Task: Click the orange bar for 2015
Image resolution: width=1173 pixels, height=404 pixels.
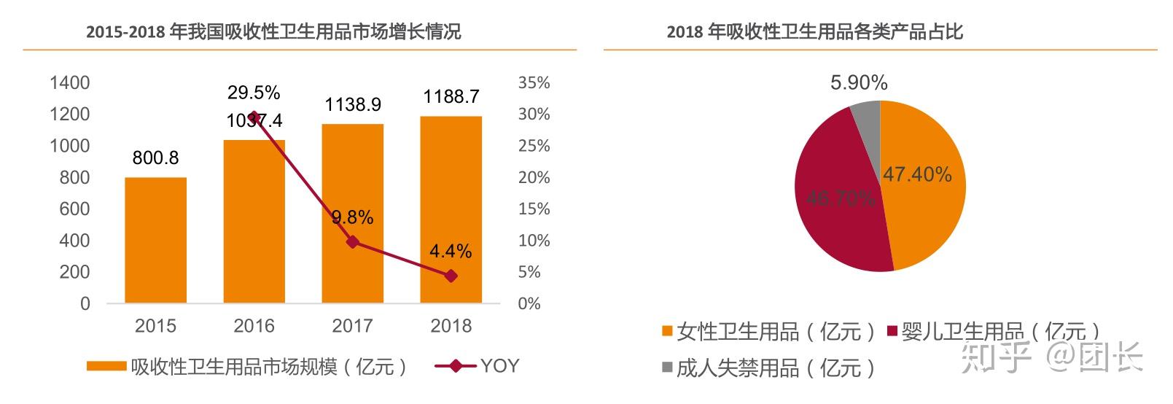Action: (x=155, y=240)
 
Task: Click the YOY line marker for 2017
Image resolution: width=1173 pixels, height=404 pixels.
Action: (x=353, y=241)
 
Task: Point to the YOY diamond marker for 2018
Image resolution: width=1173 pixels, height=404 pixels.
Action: (x=451, y=276)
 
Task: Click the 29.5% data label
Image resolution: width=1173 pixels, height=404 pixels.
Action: (x=254, y=93)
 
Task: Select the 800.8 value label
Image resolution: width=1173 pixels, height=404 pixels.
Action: (x=155, y=158)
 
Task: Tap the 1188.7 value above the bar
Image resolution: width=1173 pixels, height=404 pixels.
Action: (x=451, y=96)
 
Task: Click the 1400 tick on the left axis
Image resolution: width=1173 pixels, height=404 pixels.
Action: (x=70, y=83)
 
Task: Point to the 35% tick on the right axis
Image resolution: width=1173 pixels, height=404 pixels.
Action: (x=534, y=83)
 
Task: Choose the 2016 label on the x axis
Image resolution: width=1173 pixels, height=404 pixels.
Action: (x=254, y=326)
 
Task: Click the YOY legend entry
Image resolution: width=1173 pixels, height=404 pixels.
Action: (x=478, y=365)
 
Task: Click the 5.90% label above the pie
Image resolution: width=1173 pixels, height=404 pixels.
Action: (x=859, y=83)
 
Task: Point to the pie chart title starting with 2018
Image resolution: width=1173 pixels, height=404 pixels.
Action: (x=814, y=32)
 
